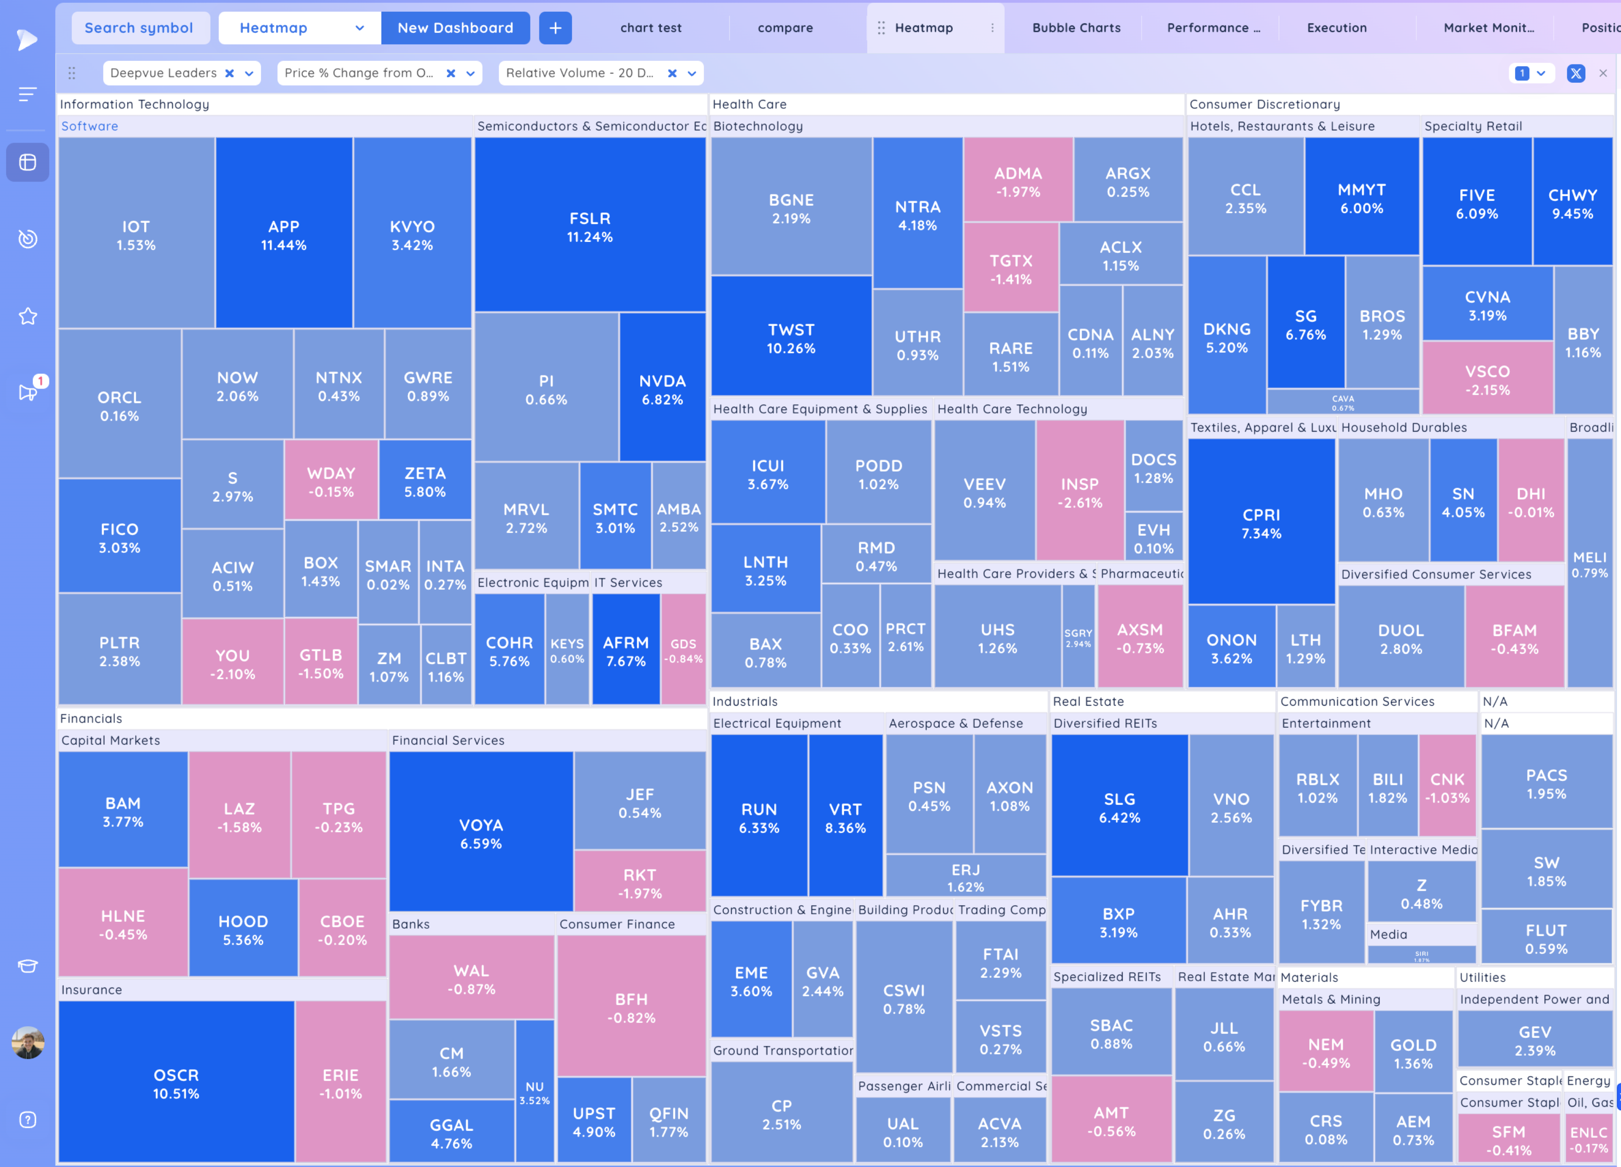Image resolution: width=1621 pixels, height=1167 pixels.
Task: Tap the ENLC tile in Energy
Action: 1588,1139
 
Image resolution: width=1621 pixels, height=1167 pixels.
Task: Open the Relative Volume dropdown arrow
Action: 692,73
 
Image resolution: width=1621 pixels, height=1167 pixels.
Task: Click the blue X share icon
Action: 1575,73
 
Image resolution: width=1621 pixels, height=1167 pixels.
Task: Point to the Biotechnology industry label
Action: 757,126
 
